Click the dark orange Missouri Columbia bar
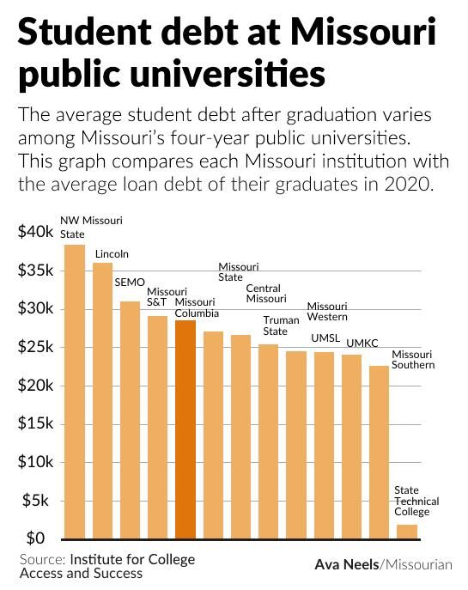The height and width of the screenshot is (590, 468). (185, 429)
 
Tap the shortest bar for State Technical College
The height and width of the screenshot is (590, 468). (407, 532)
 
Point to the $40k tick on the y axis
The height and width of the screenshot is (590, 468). (36, 232)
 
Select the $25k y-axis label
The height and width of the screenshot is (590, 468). (36, 347)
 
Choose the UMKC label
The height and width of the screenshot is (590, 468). (362, 344)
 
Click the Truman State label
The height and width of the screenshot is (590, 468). (275, 325)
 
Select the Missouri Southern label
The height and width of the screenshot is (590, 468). (413, 360)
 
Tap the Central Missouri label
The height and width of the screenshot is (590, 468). (265, 294)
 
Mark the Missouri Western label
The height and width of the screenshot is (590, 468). (327, 312)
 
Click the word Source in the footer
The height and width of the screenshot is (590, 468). (41, 559)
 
